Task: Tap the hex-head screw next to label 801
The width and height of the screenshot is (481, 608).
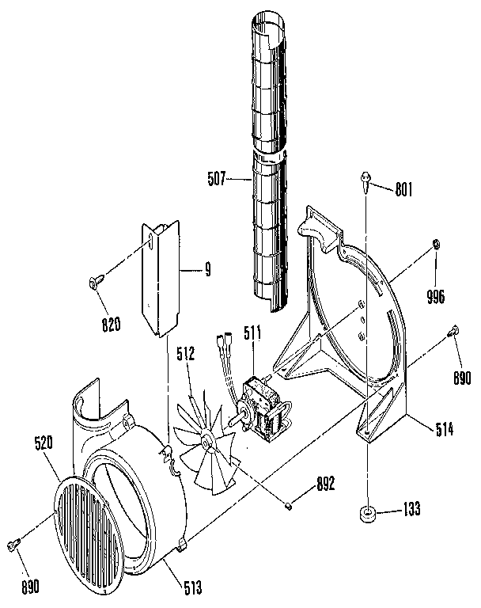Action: click(366, 180)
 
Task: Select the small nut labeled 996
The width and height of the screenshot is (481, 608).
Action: click(436, 245)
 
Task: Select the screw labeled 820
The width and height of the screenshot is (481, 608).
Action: click(95, 283)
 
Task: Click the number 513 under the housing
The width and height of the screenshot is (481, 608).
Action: click(193, 587)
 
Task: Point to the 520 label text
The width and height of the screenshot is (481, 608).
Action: click(44, 445)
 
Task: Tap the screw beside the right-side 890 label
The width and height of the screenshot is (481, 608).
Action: click(455, 332)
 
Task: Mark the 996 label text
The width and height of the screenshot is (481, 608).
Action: click(436, 298)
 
